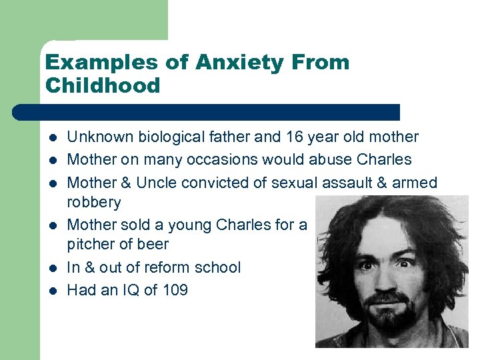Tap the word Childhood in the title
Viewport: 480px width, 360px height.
coord(103,85)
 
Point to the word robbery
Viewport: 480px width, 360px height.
coord(94,203)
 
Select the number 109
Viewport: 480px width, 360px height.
coord(173,290)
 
